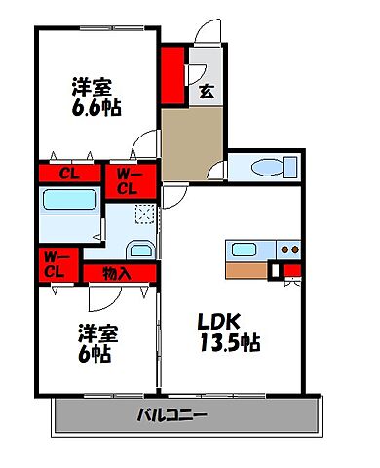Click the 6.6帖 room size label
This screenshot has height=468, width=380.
[x=95, y=108]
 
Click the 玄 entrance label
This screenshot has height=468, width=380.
[x=207, y=93]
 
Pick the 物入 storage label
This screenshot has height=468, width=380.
[x=118, y=272]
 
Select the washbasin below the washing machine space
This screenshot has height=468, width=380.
[x=140, y=250]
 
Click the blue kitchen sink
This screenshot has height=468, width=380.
[x=243, y=249]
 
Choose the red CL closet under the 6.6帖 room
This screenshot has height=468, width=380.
[x=69, y=175]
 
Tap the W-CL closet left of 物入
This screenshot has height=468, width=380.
[x=55, y=264]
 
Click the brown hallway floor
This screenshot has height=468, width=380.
[x=191, y=141]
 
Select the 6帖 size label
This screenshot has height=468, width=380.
[x=95, y=355]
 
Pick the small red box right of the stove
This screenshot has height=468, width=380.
[x=290, y=270]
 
